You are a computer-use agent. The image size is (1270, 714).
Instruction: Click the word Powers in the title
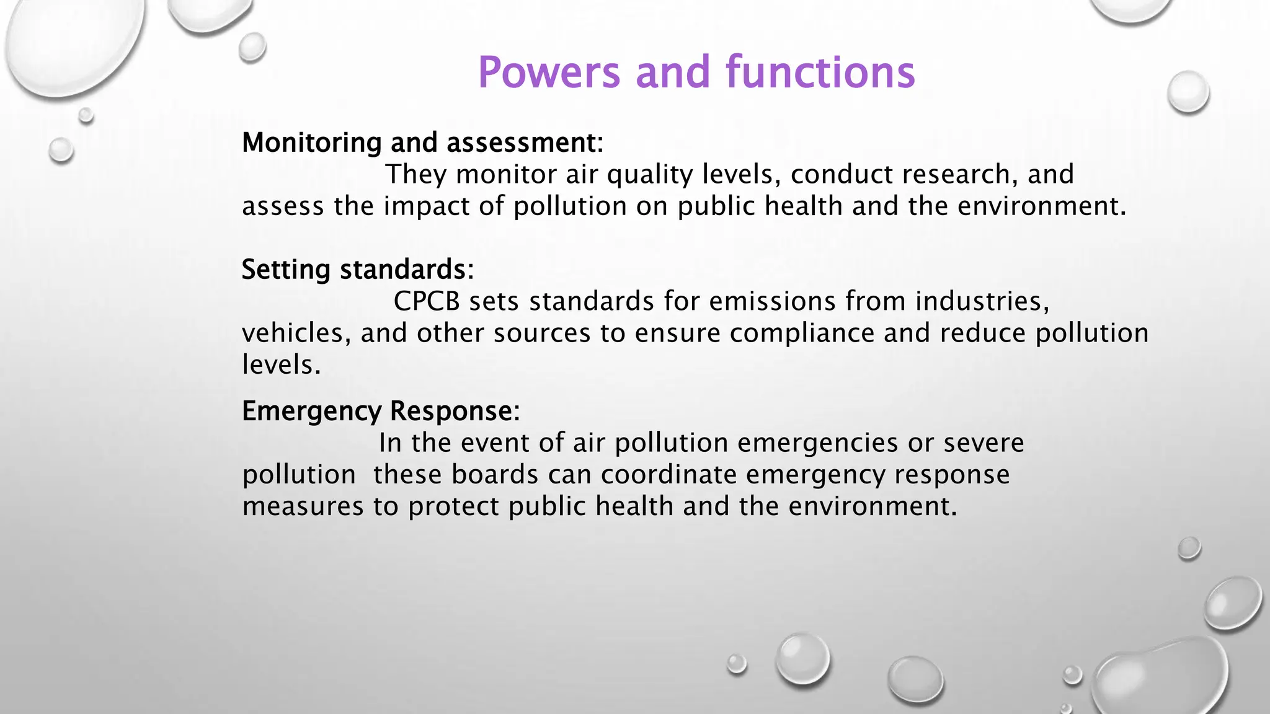pos(549,73)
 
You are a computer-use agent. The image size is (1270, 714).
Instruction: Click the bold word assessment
pos(522,143)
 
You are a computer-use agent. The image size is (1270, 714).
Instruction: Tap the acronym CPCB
pos(427,301)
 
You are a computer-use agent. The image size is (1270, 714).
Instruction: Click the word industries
pos(982,301)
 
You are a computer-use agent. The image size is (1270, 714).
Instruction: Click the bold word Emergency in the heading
pos(311,412)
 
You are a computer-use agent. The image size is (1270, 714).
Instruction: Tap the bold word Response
pos(452,412)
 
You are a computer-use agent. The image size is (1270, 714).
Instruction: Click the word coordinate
pos(668,475)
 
